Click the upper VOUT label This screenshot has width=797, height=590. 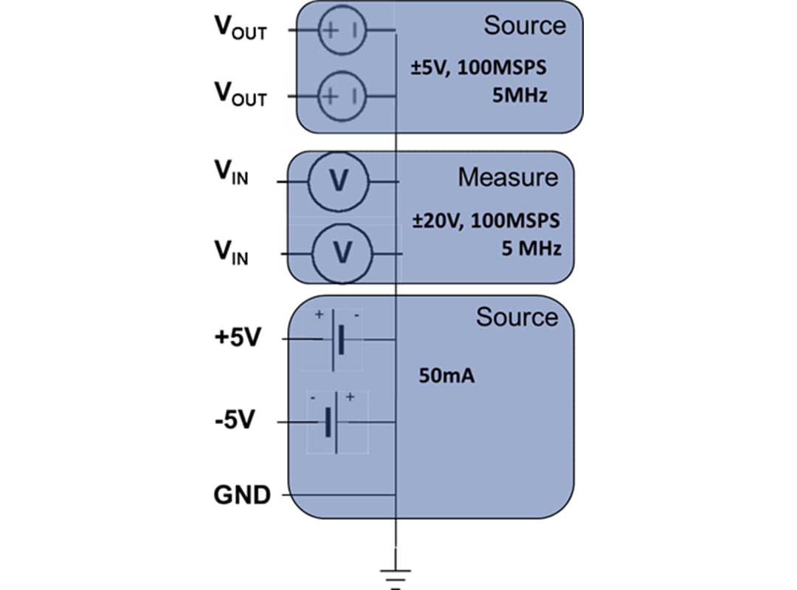click(x=240, y=29)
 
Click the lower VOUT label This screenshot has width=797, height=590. click(x=240, y=94)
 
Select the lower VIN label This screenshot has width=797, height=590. click(x=231, y=253)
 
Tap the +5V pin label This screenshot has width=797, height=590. click(x=237, y=339)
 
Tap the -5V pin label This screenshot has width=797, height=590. click(x=235, y=422)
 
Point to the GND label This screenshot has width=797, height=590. click(x=242, y=495)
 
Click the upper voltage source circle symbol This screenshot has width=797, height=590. click(x=342, y=30)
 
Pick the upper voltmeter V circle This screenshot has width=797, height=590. click(x=338, y=181)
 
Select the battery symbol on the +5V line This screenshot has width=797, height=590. click(x=337, y=339)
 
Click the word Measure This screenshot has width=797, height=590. click(x=507, y=178)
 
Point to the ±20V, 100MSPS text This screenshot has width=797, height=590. click(x=485, y=221)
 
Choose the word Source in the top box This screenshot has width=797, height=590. click(x=524, y=26)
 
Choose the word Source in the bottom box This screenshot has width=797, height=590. click(x=517, y=317)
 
